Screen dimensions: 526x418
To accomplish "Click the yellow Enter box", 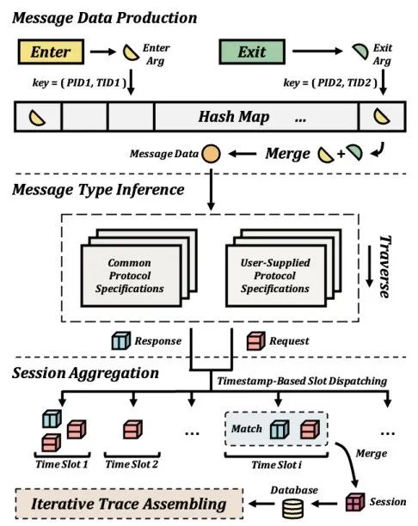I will (51, 52).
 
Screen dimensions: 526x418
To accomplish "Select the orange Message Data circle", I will (211, 155).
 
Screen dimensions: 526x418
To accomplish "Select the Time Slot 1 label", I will (62, 463).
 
